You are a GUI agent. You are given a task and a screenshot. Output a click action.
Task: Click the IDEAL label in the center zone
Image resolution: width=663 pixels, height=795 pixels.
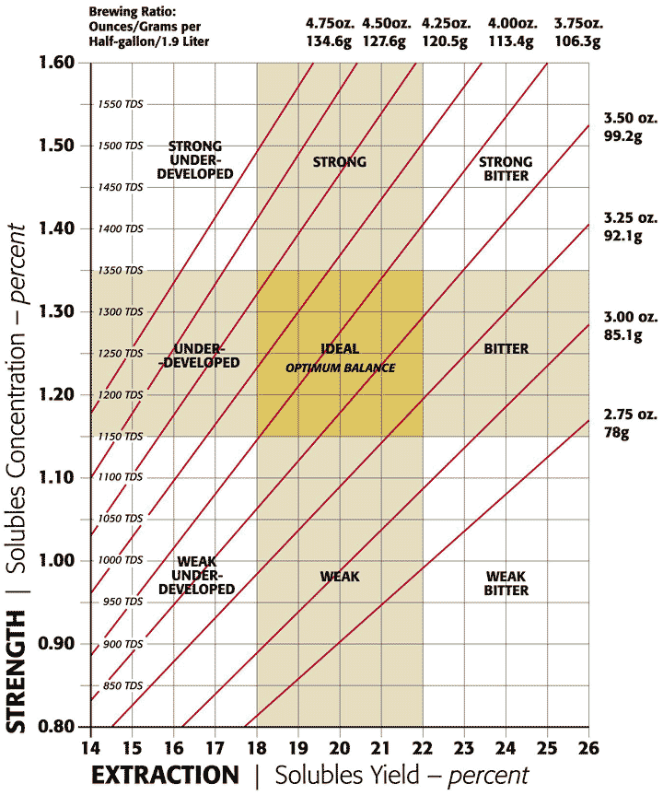coord(340,350)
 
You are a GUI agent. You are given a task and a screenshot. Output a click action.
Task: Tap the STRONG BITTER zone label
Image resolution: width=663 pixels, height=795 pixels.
coord(506,169)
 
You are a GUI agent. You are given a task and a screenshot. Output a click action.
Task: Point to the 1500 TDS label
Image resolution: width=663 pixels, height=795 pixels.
coord(122,146)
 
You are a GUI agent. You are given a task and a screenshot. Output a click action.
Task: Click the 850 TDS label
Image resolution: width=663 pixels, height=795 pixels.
coord(122,685)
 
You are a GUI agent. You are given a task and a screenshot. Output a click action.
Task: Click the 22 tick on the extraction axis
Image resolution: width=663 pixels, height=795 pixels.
coord(423,744)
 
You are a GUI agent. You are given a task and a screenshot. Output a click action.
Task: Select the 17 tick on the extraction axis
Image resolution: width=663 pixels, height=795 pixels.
coord(215,744)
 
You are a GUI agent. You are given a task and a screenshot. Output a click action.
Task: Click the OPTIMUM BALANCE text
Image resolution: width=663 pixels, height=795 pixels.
coord(340,368)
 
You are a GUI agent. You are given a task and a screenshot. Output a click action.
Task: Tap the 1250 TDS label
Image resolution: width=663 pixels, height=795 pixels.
coord(122,353)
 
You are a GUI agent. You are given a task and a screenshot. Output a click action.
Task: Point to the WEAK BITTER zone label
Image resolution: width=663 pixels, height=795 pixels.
coord(506,583)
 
